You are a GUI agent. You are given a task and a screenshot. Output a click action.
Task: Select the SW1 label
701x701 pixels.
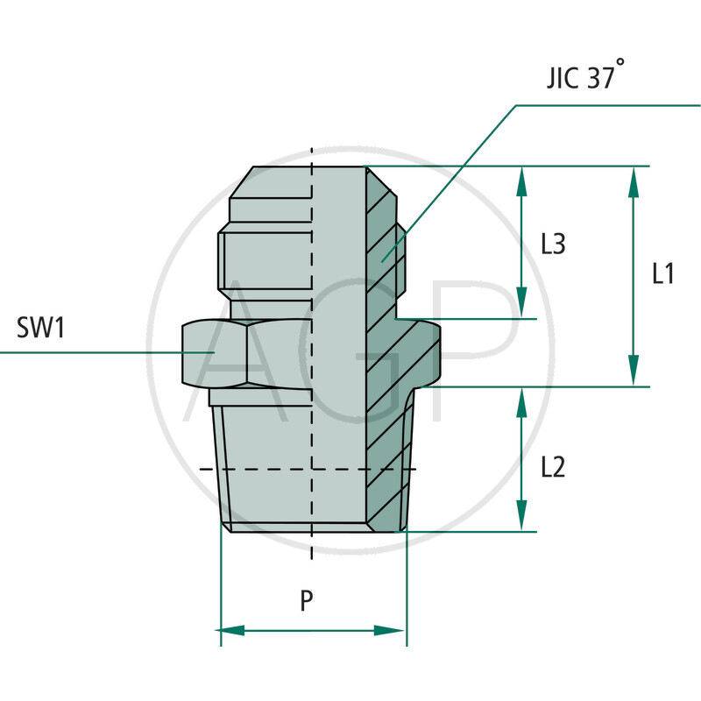pyautogui.click(x=42, y=329)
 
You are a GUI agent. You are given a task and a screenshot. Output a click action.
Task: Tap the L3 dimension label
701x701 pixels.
pyautogui.click(x=552, y=244)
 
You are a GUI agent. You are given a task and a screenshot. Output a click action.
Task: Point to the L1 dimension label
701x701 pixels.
pyautogui.click(x=663, y=274)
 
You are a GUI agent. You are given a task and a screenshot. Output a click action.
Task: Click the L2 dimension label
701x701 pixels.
pyautogui.click(x=552, y=467)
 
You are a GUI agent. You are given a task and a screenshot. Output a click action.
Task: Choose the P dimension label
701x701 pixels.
pyautogui.click(x=306, y=601)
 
